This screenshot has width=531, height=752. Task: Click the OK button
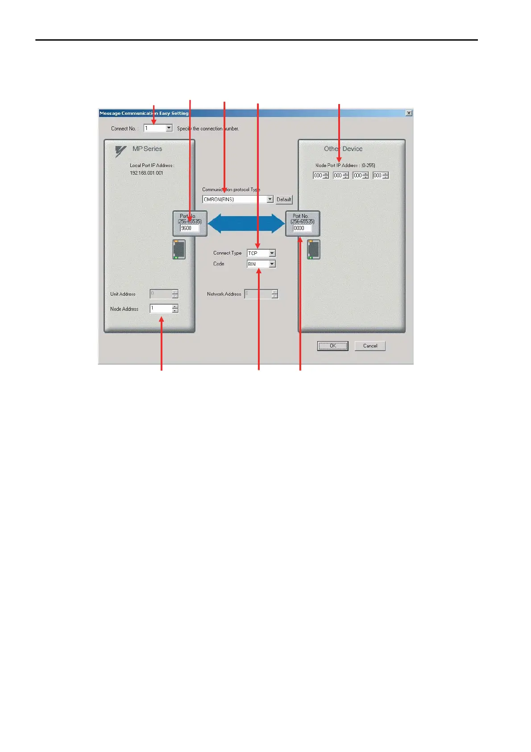click(332, 346)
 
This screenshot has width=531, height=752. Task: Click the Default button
click(284, 200)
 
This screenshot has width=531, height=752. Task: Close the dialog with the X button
click(409, 113)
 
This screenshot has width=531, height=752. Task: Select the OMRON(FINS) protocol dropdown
click(238, 200)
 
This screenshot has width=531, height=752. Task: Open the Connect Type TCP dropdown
click(261, 253)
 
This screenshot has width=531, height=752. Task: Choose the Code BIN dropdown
click(261, 264)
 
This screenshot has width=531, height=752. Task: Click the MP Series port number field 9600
click(189, 228)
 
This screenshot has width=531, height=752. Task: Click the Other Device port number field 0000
click(302, 228)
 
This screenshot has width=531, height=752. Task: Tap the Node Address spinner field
click(161, 308)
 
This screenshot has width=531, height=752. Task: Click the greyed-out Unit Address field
click(161, 293)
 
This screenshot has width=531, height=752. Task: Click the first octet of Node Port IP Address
click(318, 175)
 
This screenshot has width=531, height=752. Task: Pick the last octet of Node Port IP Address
click(378, 175)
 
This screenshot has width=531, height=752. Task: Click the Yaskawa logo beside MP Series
click(120, 151)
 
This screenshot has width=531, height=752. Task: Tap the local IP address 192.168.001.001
click(146, 173)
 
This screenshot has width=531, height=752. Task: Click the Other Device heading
click(343, 149)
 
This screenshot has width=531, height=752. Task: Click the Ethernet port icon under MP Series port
click(179, 249)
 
